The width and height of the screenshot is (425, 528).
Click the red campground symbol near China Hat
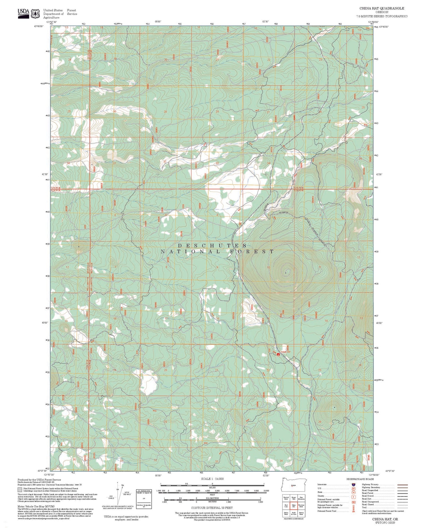[x=278, y=354]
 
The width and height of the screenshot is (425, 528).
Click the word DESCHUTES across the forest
[x=212, y=245]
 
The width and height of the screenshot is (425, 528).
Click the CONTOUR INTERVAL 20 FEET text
[x=212, y=508]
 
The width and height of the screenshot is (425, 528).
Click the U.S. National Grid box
[x=144, y=499]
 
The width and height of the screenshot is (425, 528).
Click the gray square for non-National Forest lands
[x=20, y=490]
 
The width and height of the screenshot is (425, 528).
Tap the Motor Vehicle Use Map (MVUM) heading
[x=36, y=506]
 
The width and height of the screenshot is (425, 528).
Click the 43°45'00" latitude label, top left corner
[x=39, y=26]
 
